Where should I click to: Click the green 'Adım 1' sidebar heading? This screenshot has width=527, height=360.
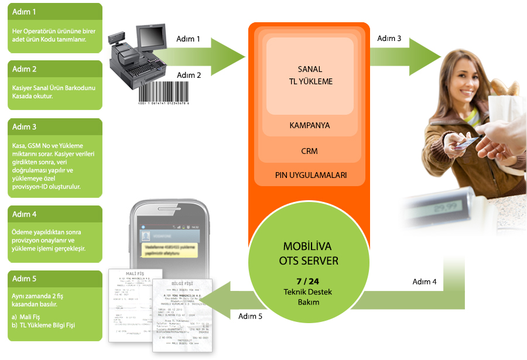tap(25, 12)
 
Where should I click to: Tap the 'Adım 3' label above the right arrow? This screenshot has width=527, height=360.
tap(389, 39)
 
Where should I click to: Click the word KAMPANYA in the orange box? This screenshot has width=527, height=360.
tap(309, 126)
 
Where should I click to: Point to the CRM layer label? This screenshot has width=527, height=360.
tap(309, 151)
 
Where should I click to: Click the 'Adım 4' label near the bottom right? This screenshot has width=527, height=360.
tap(425, 282)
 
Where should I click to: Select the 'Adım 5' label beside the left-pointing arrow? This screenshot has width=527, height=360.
tap(250, 316)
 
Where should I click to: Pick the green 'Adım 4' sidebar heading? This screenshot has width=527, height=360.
tap(25, 214)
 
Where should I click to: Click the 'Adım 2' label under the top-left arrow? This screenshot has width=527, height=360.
tap(189, 75)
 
